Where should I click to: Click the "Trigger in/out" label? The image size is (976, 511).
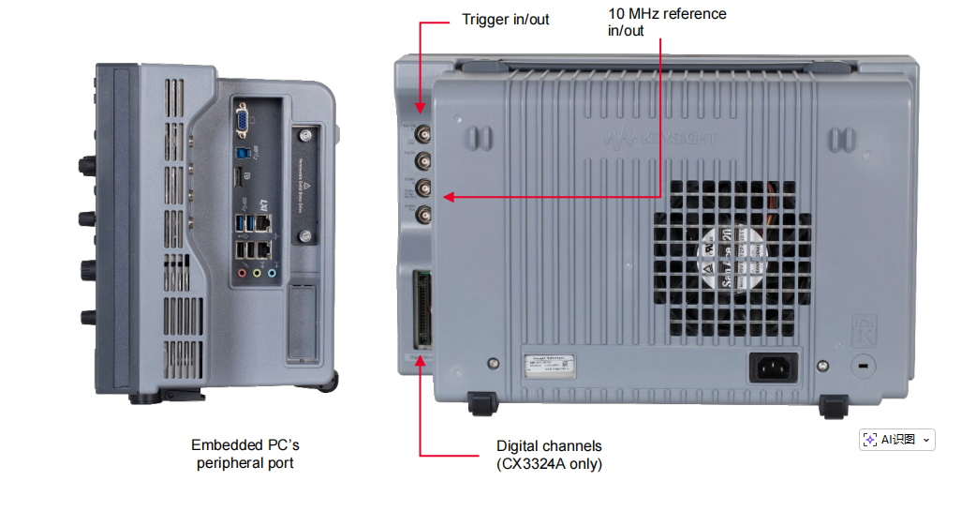tap(506, 19)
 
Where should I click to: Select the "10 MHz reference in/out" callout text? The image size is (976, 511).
tap(667, 22)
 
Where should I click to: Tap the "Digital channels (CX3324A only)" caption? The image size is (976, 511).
tap(549, 455)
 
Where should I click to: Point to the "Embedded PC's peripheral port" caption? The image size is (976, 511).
tap(245, 455)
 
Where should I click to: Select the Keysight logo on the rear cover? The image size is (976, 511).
tap(662, 140)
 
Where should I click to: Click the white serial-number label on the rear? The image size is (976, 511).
tap(557, 366)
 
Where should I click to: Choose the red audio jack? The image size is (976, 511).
tap(243, 274)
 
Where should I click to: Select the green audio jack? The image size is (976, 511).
tap(258, 274)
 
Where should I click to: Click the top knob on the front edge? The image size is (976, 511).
tap(85, 164)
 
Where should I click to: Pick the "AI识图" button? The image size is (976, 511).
tap(896, 440)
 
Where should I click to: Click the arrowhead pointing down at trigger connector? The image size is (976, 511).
tap(419, 110)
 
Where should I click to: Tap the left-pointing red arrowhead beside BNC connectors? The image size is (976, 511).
tap(449, 197)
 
